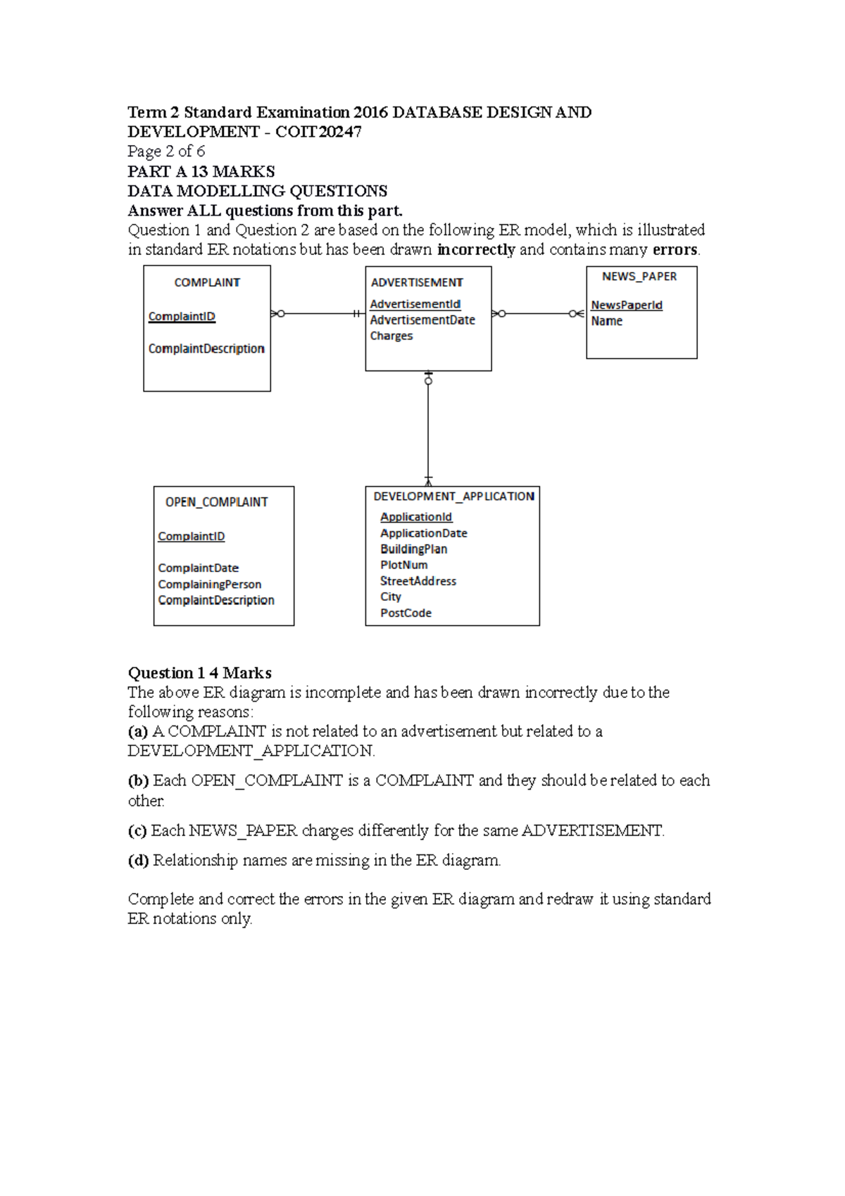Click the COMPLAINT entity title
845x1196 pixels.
pyautogui.click(x=207, y=282)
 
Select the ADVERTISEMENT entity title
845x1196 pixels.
pyautogui.click(x=417, y=282)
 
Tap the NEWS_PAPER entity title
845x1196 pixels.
pyautogui.click(x=639, y=277)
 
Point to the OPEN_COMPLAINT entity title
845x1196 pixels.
pyautogui.click(x=216, y=502)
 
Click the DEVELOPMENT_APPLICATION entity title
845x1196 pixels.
pyautogui.click(x=453, y=497)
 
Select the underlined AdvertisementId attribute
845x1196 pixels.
pyautogui.click(x=415, y=304)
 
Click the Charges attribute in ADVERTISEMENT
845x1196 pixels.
pyautogui.click(x=392, y=336)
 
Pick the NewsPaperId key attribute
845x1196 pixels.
pyautogui.click(x=626, y=305)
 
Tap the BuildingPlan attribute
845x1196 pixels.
pyautogui.click(x=413, y=549)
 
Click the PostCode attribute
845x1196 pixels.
pyautogui.click(x=406, y=613)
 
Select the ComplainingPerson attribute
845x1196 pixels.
pyautogui.click(x=209, y=585)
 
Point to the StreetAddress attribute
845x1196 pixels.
pyautogui.click(x=418, y=581)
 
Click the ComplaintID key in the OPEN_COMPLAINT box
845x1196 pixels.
pyautogui.click(x=191, y=537)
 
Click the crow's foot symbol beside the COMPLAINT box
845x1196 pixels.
pyautogui.click(x=275, y=313)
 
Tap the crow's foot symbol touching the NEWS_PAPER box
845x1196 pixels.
pyautogui.click(x=579, y=313)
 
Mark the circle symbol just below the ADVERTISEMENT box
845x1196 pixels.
pyautogui.click(x=428, y=381)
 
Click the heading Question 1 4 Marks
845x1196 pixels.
pyautogui.click(x=199, y=673)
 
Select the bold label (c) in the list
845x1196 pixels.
pyautogui.click(x=137, y=831)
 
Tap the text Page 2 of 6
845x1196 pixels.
pyautogui.click(x=166, y=151)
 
